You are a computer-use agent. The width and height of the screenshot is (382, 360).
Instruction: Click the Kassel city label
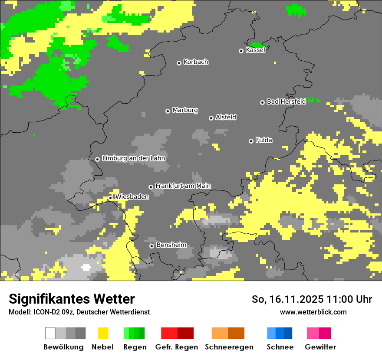pyautogui.click(x=255, y=50)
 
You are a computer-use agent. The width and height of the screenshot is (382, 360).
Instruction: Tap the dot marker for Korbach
pyautogui.click(x=179, y=63)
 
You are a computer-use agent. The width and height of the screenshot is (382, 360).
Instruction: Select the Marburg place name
pyautogui.click(x=185, y=110)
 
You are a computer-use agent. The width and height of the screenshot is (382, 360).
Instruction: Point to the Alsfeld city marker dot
pyautogui.click(x=211, y=118)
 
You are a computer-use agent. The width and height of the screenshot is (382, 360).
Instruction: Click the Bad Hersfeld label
pyautogui.click(x=286, y=101)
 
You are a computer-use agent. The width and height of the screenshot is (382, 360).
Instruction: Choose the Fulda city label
pyautogui.click(x=264, y=140)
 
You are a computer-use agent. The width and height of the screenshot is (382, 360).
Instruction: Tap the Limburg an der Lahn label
pyautogui.click(x=133, y=158)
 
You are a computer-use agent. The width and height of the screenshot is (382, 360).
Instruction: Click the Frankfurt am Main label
pyautogui.click(x=183, y=186)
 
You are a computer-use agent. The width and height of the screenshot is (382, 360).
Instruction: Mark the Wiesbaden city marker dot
pyautogui.click(x=110, y=198)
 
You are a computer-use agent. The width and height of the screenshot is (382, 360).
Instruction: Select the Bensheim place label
pyautogui.click(x=171, y=245)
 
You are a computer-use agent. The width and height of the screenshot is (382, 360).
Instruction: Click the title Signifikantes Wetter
pyautogui.click(x=72, y=299)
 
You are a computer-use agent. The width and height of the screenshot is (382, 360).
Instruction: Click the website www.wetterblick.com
pyautogui.click(x=313, y=312)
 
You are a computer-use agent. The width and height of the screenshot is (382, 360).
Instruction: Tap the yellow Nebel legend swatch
pyautogui.click(x=103, y=333)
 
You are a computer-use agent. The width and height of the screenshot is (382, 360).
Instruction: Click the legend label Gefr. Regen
pyautogui.click(x=176, y=347)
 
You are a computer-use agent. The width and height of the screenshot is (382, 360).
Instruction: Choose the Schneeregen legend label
pyautogui.click(x=229, y=347)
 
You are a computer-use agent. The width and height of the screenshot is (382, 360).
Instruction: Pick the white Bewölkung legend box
pyautogui.click(x=50, y=333)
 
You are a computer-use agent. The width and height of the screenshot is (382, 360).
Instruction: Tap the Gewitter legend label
pyautogui.click(x=320, y=347)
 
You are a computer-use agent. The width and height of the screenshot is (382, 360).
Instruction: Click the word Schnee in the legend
pyautogui.click(x=280, y=347)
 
